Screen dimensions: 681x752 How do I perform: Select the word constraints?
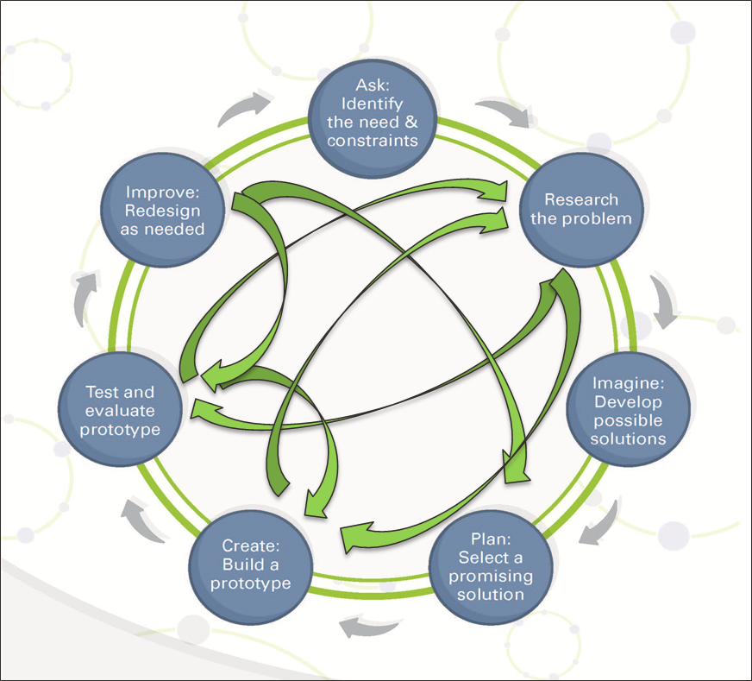pyautogui.click(x=373, y=140)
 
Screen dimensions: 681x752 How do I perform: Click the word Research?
pyautogui.click(x=581, y=199)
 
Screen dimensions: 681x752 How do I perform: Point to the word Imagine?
pyautogui.click(x=628, y=383)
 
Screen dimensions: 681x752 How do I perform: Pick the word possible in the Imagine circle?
pyautogui.click(x=628, y=420)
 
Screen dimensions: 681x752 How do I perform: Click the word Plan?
pyautogui.click(x=490, y=539)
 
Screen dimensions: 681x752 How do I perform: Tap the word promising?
pyautogui.click(x=490, y=576)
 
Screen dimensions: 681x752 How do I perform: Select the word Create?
pyautogui.click(x=250, y=545)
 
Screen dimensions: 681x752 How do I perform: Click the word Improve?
pyautogui.click(x=163, y=192)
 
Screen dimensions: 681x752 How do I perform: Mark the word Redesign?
pyautogui.click(x=163, y=211)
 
